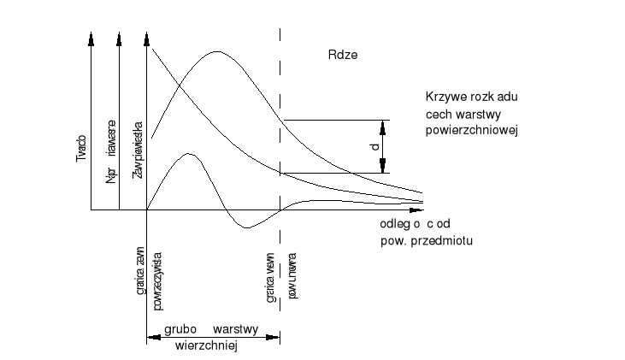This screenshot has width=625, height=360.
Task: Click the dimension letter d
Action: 374,147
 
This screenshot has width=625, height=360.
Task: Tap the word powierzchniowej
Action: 473,131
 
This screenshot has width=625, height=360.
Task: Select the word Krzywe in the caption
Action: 445,97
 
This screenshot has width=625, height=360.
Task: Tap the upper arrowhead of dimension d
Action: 384,126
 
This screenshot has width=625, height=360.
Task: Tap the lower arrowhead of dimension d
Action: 384,167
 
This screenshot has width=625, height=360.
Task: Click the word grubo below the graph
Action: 181,328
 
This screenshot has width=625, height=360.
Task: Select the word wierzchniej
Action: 205,347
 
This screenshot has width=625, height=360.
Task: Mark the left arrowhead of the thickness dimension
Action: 152,338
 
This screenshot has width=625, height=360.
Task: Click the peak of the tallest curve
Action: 215,52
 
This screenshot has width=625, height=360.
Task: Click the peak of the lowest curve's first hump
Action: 189,154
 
